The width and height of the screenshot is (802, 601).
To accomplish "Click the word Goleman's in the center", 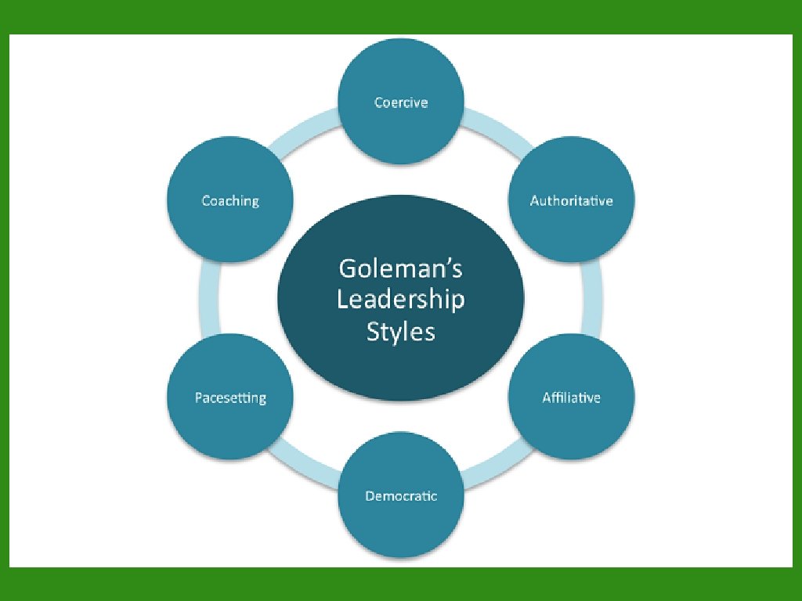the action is pyautogui.click(x=400, y=269).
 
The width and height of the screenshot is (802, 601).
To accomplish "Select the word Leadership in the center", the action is pyautogui.click(x=400, y=300).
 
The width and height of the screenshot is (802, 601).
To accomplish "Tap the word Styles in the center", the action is pyautogui.click(x=400, y=331).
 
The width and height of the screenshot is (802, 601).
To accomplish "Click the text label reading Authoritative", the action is pyautogui.click(x=571, y=201).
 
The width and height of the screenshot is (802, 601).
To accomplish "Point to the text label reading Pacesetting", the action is pyautogui.click(x=230, y=398).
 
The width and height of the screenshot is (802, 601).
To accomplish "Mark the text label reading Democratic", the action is pyautogui.click(x=400, y=496).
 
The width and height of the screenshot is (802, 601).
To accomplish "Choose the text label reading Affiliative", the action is pyautogui.click(x=571, y=398).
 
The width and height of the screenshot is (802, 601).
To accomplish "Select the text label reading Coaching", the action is pyautogui.click(x=230, y=201).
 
